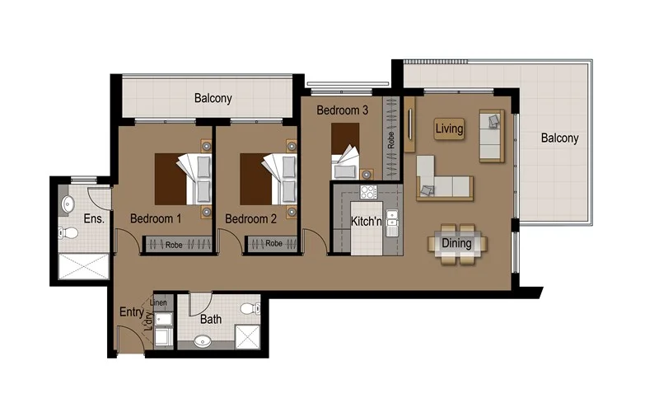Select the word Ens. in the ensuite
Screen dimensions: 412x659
click(x=92, y=219)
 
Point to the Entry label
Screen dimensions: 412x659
click(x=131, y=311)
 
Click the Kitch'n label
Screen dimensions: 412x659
click(x=367, y=222)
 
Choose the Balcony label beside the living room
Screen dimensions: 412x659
click(x=559, y=138)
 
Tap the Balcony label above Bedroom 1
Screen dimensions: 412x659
click(x=213, y=98)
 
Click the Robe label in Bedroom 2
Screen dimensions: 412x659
click(x=273, y=244)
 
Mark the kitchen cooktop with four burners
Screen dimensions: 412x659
click(x=368, y=194)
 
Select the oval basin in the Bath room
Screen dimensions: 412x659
click(x=201, y=339)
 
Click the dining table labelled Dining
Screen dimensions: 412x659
click(x=456, y=243)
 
